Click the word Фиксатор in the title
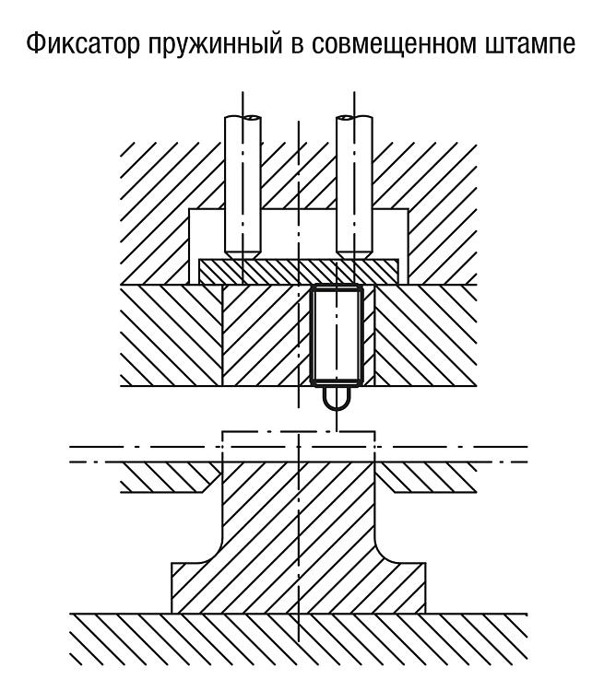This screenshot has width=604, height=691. [x=82, y=44]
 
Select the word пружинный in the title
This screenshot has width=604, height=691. [x=215, y=45]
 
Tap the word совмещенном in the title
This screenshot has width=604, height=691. [x=395, y=45]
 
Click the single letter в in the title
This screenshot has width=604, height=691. [x=297, y=45]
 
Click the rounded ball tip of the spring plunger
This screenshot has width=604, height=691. [x=337, y=398]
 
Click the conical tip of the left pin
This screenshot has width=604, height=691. [x=243, y=254]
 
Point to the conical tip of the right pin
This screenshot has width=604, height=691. [x=354, y=254]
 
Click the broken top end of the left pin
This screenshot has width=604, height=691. [x=243, y=119]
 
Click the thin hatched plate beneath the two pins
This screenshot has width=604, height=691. [x=299, y=272]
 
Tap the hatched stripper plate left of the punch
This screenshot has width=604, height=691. [x=170, y=477]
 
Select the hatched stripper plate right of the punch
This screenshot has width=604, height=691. [x=428, y=477]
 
